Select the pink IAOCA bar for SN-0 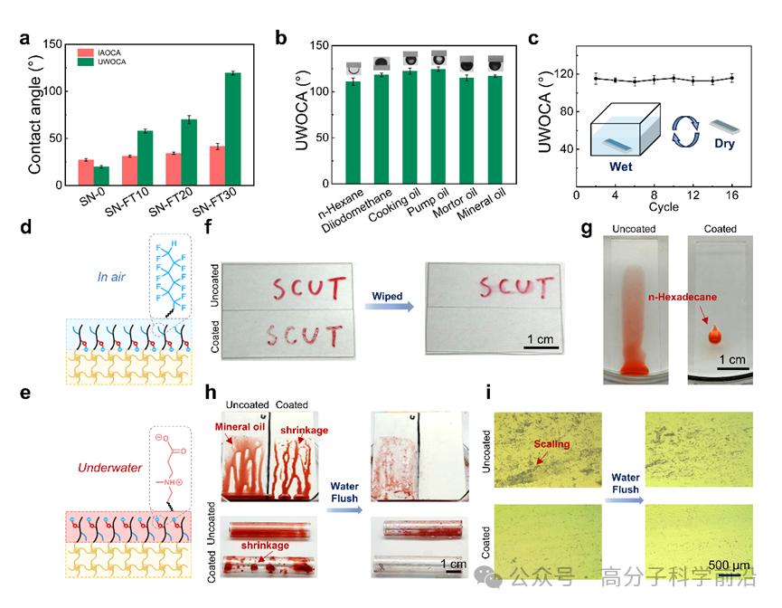click(85, 172)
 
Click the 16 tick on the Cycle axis click(731, 195)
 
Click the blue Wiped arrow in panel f click(392, 307)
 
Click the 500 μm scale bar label click(730, 566)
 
